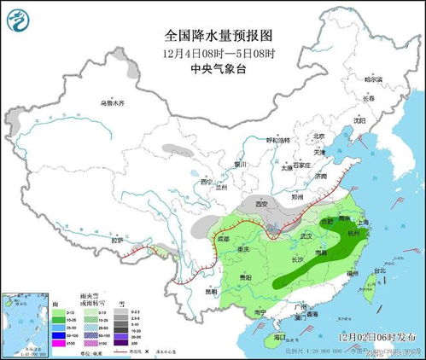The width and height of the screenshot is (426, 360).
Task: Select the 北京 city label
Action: pos(318,136)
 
